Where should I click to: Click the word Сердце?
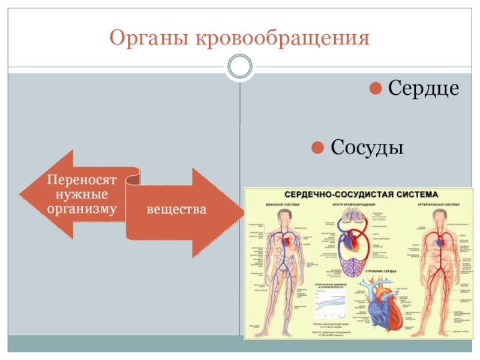[424, 88]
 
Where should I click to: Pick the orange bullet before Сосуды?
[319, 147]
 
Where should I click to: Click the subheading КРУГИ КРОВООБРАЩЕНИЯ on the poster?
[353, 205]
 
